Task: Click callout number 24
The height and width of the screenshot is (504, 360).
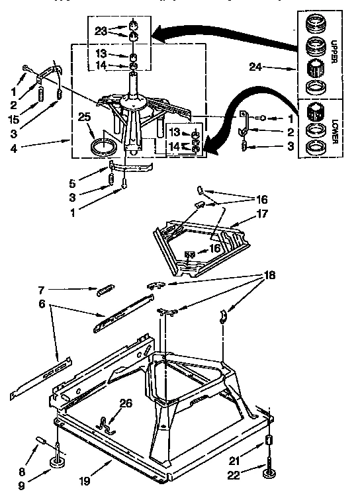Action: pyautogui.click(x=256, y=67)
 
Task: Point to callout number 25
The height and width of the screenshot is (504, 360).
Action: pyautogui.click(x=85, y=117)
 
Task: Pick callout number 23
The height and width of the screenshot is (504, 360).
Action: pyautogui.click(x=101, y=30)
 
